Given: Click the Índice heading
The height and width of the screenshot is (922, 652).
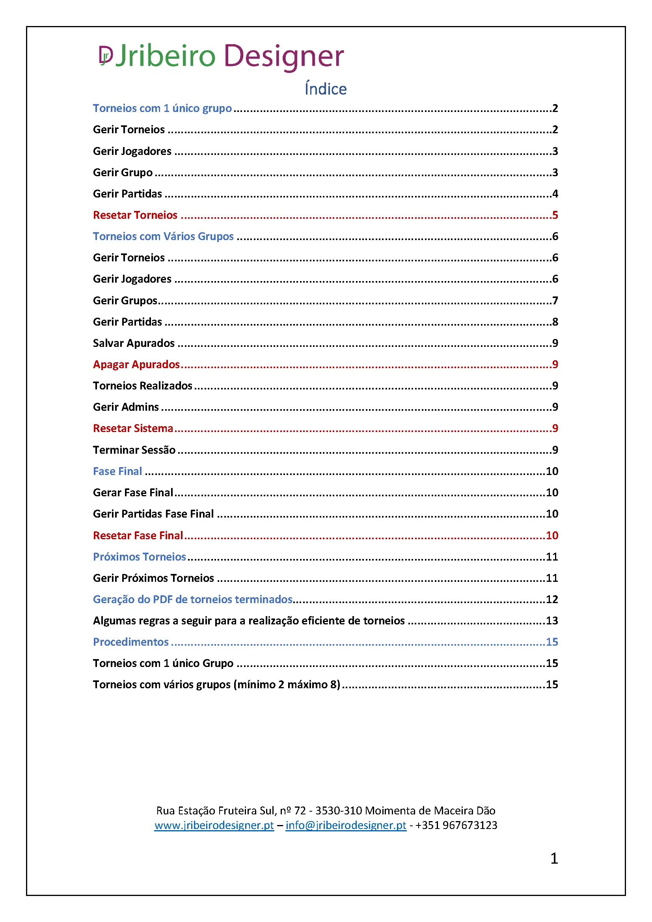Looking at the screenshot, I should (x=326, y=89).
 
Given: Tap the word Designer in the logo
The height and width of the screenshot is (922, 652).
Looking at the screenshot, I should (x=283, y=56).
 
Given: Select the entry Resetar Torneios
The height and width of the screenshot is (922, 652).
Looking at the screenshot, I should (x=135, y=215).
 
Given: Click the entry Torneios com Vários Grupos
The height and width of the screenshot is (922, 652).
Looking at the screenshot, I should (x=163, y=237).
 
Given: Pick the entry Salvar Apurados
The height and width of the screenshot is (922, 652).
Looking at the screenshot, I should (x=134, y=343).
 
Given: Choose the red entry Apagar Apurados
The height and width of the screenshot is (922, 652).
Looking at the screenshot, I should (x=136, y=365).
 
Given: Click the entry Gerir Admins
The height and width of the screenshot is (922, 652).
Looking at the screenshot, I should (x=126, y=407).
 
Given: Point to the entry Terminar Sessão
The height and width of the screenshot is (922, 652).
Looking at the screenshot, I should (x=134, y=450).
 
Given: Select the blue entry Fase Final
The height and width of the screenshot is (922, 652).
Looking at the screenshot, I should (x=117, y=471).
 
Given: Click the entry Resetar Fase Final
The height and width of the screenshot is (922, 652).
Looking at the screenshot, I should (x=138, y=536).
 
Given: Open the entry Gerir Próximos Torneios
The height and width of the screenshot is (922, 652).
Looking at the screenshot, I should (x=153, y=578).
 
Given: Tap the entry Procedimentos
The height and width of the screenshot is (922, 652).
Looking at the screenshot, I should (x=130, y=642).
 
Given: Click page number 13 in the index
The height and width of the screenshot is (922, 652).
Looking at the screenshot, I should (x=551, y=621).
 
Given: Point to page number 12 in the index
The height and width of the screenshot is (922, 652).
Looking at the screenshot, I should (x=551, y=600).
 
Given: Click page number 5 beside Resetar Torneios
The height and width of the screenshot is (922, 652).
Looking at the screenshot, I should (x=555, y=215).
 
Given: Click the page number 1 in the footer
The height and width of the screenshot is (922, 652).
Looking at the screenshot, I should (x=554, y=859).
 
